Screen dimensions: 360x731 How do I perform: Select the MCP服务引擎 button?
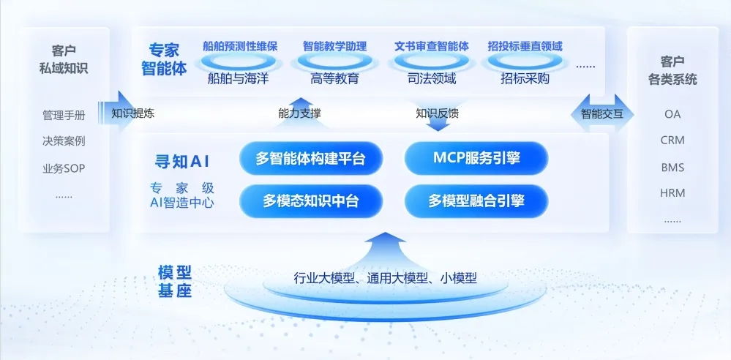(x=476, y=158)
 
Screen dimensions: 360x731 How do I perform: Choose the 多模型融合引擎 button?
(x=476, y=200)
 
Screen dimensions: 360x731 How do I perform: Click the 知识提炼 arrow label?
(x=132, y=113)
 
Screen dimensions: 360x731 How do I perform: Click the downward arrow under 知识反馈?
(x=438, y=124)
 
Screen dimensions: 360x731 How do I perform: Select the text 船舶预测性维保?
(x=241, y=46)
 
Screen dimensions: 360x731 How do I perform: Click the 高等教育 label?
(x=334, y=78)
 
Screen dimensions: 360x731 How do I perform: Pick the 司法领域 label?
(x=432, y=78)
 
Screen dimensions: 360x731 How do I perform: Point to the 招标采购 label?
(x=525, y=78)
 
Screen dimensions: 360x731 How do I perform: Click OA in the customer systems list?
(x=672, y=114)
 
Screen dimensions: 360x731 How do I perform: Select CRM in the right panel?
(x=672, y=140)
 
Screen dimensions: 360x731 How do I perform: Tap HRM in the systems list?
(x=672, y=192)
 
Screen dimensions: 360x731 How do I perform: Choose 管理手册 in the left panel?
(x=64, y=115)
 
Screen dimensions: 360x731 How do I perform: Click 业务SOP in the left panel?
(x=64, y=168)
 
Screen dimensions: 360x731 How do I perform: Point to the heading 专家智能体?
(x=164, y=60)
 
